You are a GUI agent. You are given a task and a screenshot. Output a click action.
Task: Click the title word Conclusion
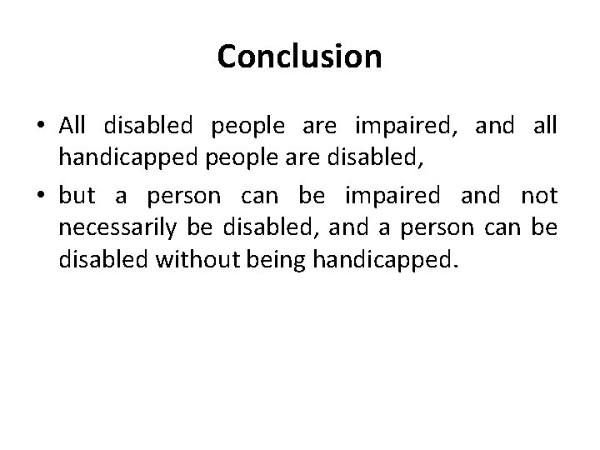[299, 57]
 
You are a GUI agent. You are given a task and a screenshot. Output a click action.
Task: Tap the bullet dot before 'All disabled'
[42, 126]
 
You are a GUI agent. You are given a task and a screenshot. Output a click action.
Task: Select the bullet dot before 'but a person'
[42, 196]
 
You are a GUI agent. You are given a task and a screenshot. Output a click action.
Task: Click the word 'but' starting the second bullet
[78, 196]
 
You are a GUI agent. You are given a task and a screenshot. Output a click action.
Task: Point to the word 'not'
[538, 196]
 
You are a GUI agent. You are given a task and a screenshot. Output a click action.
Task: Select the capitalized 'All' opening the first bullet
[72, 126]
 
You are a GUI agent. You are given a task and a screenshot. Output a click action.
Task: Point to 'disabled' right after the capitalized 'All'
[148, 126]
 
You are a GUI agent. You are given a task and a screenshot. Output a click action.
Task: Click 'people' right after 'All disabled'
[247, 126]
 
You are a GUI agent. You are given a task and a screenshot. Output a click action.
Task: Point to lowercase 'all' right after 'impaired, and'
[543, 126]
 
